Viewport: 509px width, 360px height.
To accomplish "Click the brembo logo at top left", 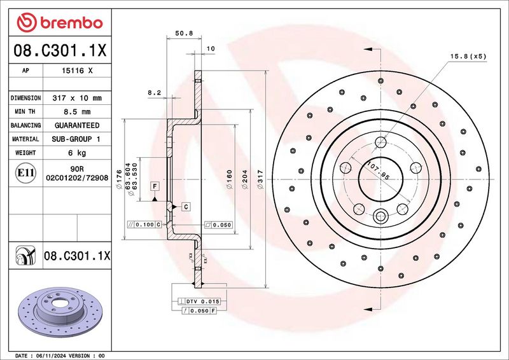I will (x=60, y=23).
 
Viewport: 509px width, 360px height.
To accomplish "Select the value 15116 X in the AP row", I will (x=79, y=71).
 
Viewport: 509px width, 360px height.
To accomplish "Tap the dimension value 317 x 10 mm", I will (x=79, y=99).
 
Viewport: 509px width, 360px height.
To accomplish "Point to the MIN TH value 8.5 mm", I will (x=79, y=112).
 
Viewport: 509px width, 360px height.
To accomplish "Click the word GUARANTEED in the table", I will (x=79, y=125).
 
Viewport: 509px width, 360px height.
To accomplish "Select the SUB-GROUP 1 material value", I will (x=79, y=139).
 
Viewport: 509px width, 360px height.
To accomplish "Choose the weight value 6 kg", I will (x=79, y=153).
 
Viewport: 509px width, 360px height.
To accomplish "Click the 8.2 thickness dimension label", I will (x=154, y=93).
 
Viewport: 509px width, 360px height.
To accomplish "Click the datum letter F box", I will (x=154, y=186).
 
